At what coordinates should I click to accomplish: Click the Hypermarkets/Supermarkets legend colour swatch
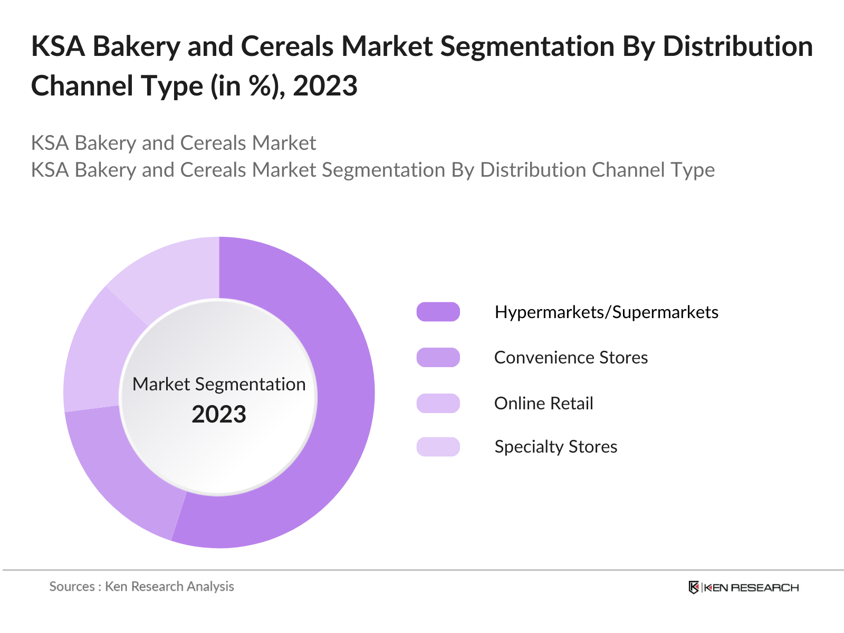(438, 312)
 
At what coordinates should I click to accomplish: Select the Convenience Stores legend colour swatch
(438, 358)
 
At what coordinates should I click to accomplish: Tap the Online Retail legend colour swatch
(438, 404)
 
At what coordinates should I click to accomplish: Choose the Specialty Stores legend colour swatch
(438, 447)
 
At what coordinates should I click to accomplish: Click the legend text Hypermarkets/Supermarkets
(606, 312)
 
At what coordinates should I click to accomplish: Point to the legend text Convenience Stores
(571, 358)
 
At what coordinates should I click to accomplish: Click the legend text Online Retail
(543, 404)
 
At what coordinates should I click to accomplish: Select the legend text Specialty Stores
(555, 447)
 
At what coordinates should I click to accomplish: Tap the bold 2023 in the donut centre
(219, 415)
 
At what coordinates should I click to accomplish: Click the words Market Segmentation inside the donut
(219, 384)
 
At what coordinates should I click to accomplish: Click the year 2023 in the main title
(325, 86)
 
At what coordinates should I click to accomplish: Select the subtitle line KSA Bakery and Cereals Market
(174, 143)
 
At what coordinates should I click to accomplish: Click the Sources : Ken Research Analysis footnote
(141, 587)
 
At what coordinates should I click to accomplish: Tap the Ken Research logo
(744, 588)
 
